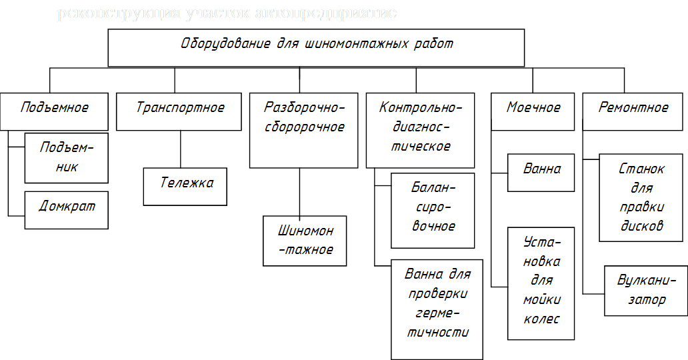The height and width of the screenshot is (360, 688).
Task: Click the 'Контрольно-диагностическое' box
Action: click(420, 130)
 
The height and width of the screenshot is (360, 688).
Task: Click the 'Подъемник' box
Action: click(66, 157)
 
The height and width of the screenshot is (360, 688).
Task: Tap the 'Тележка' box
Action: click(186, 186)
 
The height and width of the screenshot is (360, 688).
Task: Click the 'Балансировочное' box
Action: click(433, 211)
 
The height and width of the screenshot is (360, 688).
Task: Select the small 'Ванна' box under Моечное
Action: click(541, 173)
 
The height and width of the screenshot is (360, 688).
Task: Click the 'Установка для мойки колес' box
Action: click(541, 283)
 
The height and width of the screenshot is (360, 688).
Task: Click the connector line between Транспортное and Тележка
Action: click(180, 149)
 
